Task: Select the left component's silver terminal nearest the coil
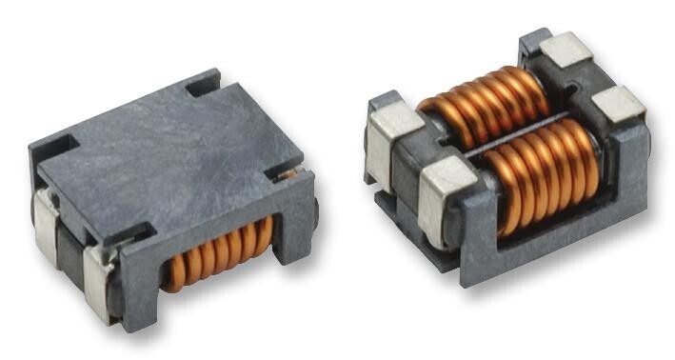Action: coord(101,276)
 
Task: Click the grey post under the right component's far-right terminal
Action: coord(629,162)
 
